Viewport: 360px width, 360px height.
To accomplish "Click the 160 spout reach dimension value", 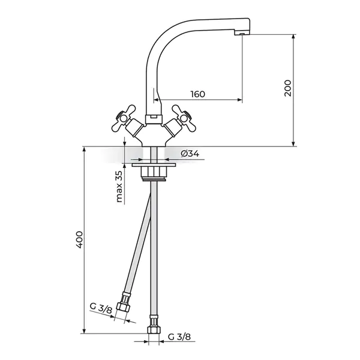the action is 197,94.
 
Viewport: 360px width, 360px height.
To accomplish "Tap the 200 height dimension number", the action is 287,88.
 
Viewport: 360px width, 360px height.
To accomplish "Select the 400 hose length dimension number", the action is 79,239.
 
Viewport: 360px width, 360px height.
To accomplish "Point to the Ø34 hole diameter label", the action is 190,154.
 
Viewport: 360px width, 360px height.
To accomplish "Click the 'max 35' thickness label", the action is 119,186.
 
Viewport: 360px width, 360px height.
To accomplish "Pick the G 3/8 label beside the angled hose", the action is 101,309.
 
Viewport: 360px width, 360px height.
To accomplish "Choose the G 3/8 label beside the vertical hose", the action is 179,337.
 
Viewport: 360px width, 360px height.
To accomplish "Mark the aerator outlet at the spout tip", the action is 242,34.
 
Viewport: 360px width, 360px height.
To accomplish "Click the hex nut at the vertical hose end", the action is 154,330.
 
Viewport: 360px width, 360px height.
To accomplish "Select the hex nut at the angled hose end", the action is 122,307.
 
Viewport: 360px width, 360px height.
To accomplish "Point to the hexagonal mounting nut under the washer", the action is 154,172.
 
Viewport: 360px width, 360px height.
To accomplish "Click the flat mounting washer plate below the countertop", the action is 154,165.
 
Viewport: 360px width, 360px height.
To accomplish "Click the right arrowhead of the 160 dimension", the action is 240,100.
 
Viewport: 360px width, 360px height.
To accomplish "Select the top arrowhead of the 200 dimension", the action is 293,37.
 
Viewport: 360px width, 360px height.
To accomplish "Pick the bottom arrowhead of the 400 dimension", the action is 84,331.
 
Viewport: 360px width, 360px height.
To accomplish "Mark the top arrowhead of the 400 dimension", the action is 84,149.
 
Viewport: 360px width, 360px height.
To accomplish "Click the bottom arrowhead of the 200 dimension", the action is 293,144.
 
